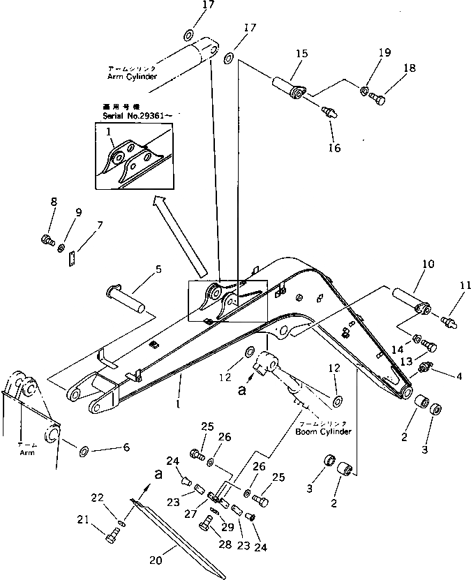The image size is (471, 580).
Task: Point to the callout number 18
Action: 408,68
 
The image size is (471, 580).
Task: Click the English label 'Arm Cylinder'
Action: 132,75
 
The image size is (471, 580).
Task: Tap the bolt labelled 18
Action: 378,100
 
